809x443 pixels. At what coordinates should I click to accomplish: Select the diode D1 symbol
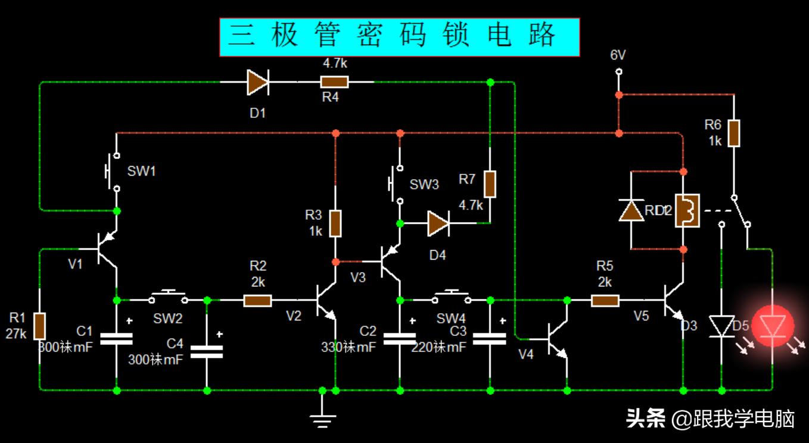point(258,82)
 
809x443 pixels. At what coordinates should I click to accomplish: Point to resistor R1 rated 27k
point(39,325)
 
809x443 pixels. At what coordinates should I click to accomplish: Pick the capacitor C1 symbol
point(116,339)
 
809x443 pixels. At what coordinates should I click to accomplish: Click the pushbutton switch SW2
point(168,297)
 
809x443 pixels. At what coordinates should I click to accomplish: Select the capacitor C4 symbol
point(206,351)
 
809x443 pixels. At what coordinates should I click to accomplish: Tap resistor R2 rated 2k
point(257,301)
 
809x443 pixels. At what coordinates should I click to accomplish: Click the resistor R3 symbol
point(336,223)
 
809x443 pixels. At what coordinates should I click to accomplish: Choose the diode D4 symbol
point(437,223)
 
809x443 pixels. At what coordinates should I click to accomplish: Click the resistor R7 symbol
point(490,184)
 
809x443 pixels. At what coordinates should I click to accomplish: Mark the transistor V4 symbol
point(558,339)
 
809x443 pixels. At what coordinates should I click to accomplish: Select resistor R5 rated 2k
point(605,301)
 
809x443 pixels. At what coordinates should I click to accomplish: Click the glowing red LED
point(772,326)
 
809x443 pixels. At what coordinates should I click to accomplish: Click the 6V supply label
point(618,55)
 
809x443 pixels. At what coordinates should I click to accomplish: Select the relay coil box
point(687,211)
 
